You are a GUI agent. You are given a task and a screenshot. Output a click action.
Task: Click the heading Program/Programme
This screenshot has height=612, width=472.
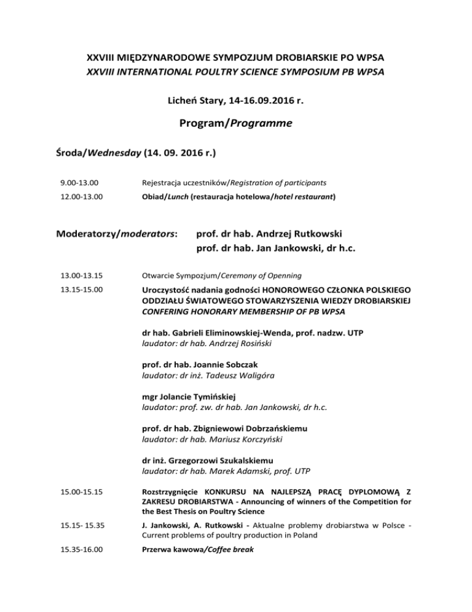pos(236,123)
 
